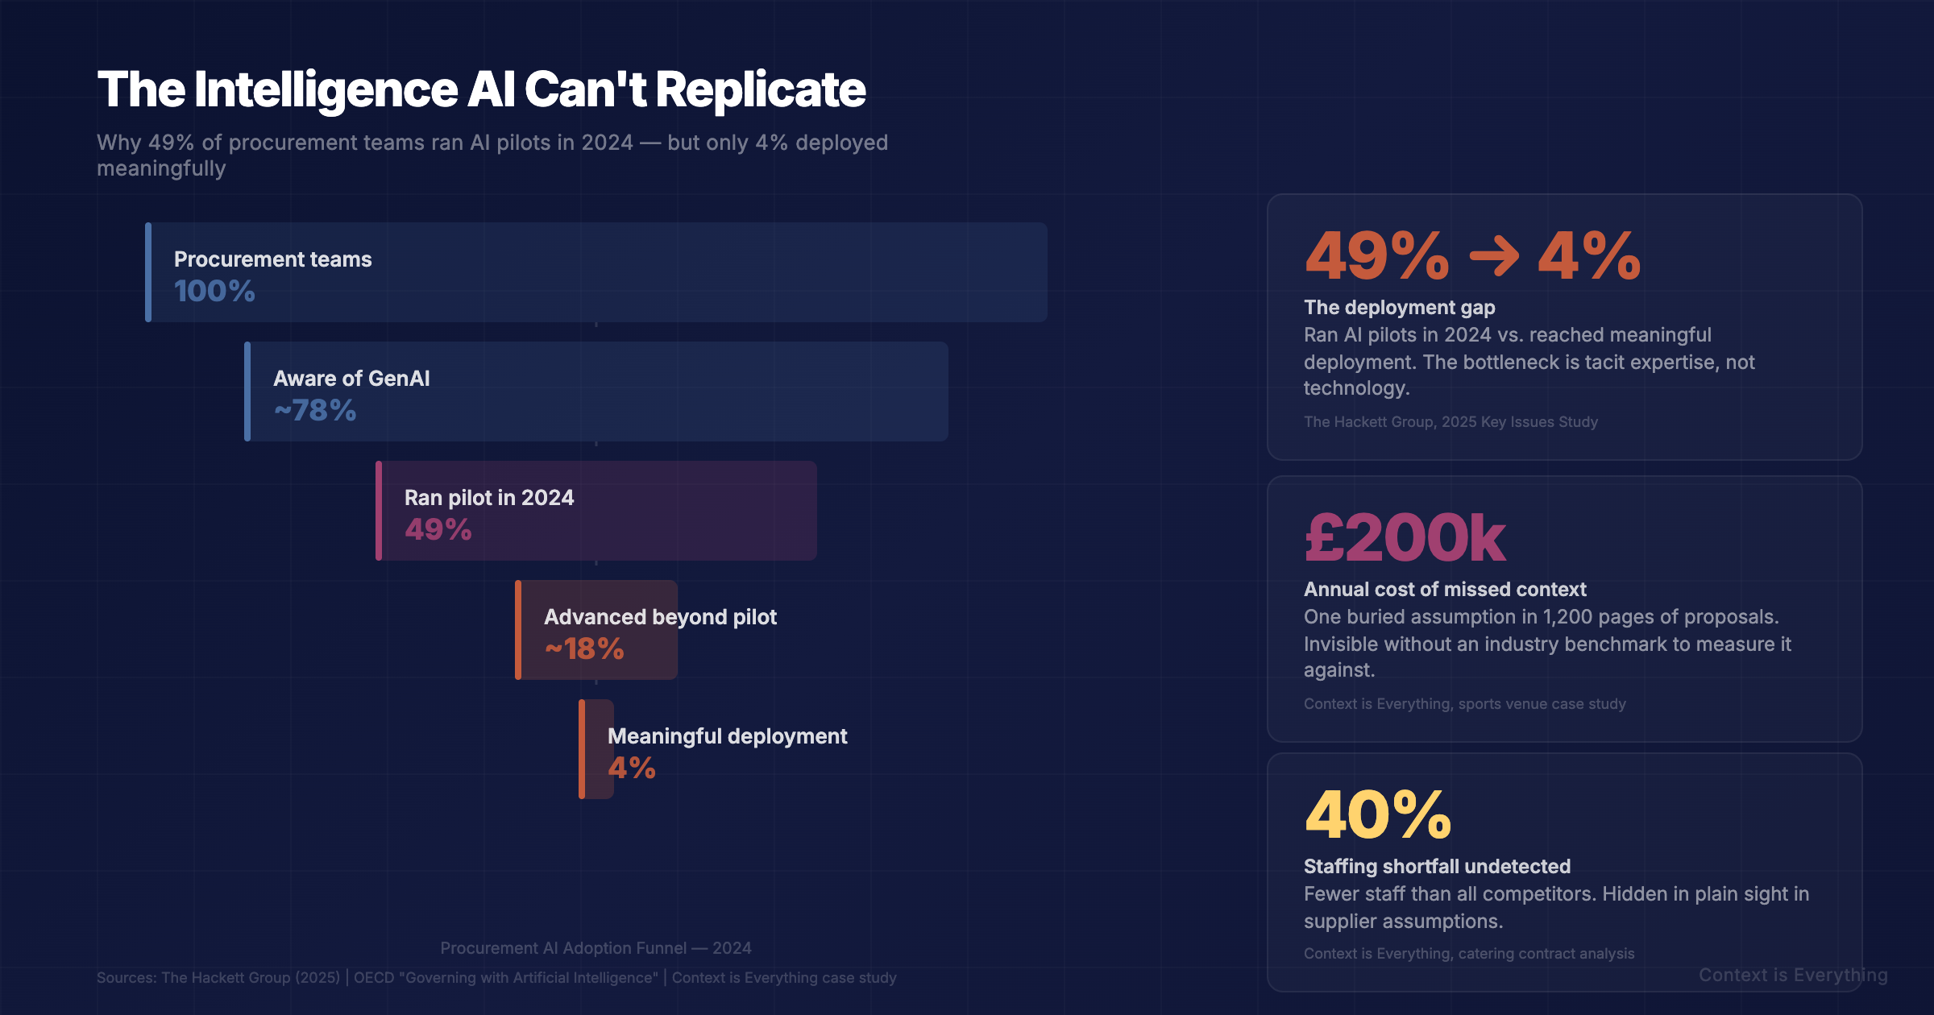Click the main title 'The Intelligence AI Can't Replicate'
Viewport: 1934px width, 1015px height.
tap(481, 89)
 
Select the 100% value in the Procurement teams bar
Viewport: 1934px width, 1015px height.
tap(214, 291)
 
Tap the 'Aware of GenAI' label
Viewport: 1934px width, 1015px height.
tap(351, 379)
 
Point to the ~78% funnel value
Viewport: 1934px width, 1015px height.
tap(315, 410)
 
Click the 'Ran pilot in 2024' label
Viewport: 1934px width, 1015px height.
tap(489, 498)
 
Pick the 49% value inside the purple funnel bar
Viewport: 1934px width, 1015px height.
tap(438, 529)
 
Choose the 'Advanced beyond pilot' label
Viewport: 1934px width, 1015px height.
tap(660, 617)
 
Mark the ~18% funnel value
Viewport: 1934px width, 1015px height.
tap(584, 648)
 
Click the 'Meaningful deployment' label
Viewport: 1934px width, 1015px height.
tap(727, 736)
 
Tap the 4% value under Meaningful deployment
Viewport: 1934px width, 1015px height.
tap(631, 768)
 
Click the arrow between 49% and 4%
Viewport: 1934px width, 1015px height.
tap(1493, 256)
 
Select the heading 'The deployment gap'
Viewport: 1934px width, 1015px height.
tap(1399, 308)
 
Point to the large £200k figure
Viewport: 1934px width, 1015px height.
tap(1405, 537)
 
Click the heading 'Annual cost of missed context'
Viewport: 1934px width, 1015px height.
tap(1445, 590)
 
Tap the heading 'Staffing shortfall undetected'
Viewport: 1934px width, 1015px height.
tap(1437, 867)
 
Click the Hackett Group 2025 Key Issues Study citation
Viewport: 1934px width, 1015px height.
tap(1450, 422)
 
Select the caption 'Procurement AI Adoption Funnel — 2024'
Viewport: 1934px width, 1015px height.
tap(596, 948)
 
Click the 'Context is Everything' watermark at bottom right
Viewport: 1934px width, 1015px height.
tap(1793, 976)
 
